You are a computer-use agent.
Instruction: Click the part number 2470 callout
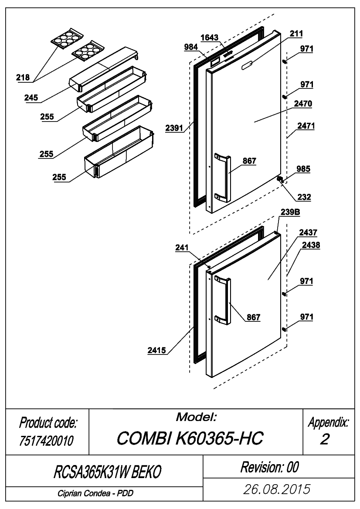click(303, 104)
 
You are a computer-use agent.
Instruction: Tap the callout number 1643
click(209, 37)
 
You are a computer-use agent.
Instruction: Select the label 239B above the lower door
click(290, 212)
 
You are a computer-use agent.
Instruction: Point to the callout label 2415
click(156, 350)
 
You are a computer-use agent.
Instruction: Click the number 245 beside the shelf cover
click(31, 98)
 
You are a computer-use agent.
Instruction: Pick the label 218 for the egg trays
click(23, 77)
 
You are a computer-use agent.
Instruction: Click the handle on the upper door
click(223, 178)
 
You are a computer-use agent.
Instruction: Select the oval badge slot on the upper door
click(248, 64)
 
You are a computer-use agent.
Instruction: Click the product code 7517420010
click(46, 441)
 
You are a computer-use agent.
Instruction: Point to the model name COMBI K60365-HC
click(190, 438)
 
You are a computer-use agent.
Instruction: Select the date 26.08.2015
click(277, 489)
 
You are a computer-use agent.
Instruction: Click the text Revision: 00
click(269, 467)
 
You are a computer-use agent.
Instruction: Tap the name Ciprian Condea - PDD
click(95, 493)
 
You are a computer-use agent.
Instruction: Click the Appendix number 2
click(325, 439)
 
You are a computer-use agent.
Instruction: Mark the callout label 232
click(304, 197)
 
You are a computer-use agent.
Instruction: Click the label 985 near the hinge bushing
click(303, 169)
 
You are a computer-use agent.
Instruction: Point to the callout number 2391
click(174, 128)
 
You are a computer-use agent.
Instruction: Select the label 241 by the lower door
click(182, 248)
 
